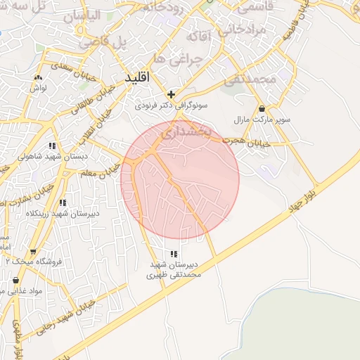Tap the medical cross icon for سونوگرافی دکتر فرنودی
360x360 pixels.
171,94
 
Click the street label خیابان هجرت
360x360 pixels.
243,141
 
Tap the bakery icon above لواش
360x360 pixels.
38,77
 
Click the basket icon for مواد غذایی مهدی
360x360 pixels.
15,281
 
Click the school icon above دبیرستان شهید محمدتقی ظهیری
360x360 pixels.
174,254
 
